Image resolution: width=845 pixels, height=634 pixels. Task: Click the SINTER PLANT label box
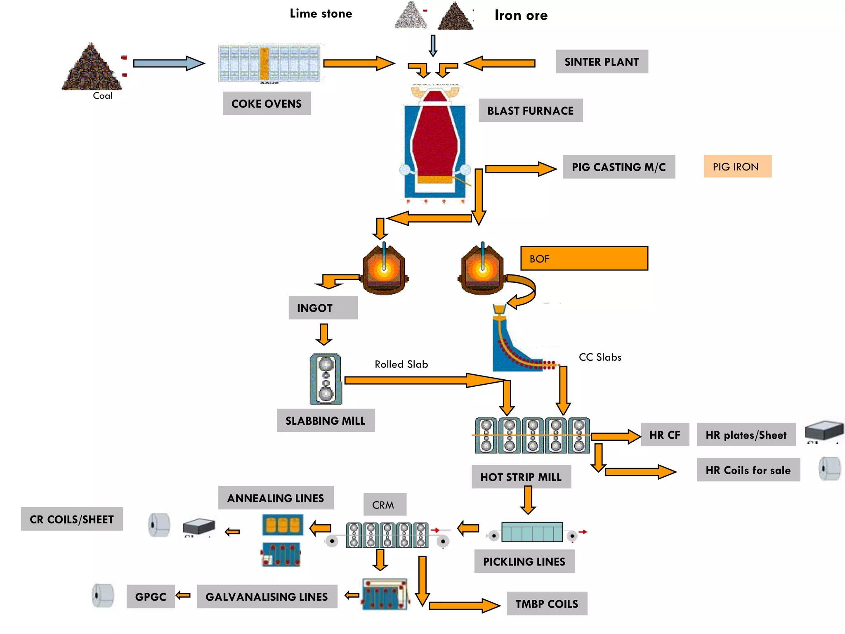click(x=602, y=62)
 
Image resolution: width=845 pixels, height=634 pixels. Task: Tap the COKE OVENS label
click(x=267, y=104)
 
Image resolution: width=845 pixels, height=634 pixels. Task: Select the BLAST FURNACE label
click(x=530, y=111)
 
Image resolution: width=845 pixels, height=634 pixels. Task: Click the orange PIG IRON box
click(x=737, y=167)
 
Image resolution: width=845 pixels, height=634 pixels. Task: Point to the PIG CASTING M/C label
click(x=618, y=167)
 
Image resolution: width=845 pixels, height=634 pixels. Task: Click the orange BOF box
click(x=584, y=259)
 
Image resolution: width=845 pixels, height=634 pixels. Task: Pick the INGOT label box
click(x=323, y=308)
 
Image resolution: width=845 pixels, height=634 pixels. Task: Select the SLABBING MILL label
click(x=326, y=421)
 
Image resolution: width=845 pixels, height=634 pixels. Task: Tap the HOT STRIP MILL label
click(x=521, y=477)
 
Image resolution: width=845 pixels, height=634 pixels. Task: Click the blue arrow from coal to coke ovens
click(x=168, y=64)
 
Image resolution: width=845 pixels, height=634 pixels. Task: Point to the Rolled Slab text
click(x=401, y=364)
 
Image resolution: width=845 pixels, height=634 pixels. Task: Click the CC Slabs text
click(x=600, y=357)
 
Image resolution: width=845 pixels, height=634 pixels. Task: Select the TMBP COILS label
click(x=547, y=604)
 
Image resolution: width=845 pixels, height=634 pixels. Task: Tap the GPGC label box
click(x=151, y=597)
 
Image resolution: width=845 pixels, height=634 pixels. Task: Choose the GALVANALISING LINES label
click(x=267, y=597)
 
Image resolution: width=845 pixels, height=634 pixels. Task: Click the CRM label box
click(x=385, y=505)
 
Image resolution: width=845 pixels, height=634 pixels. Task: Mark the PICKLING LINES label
click(x=524, y=562)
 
